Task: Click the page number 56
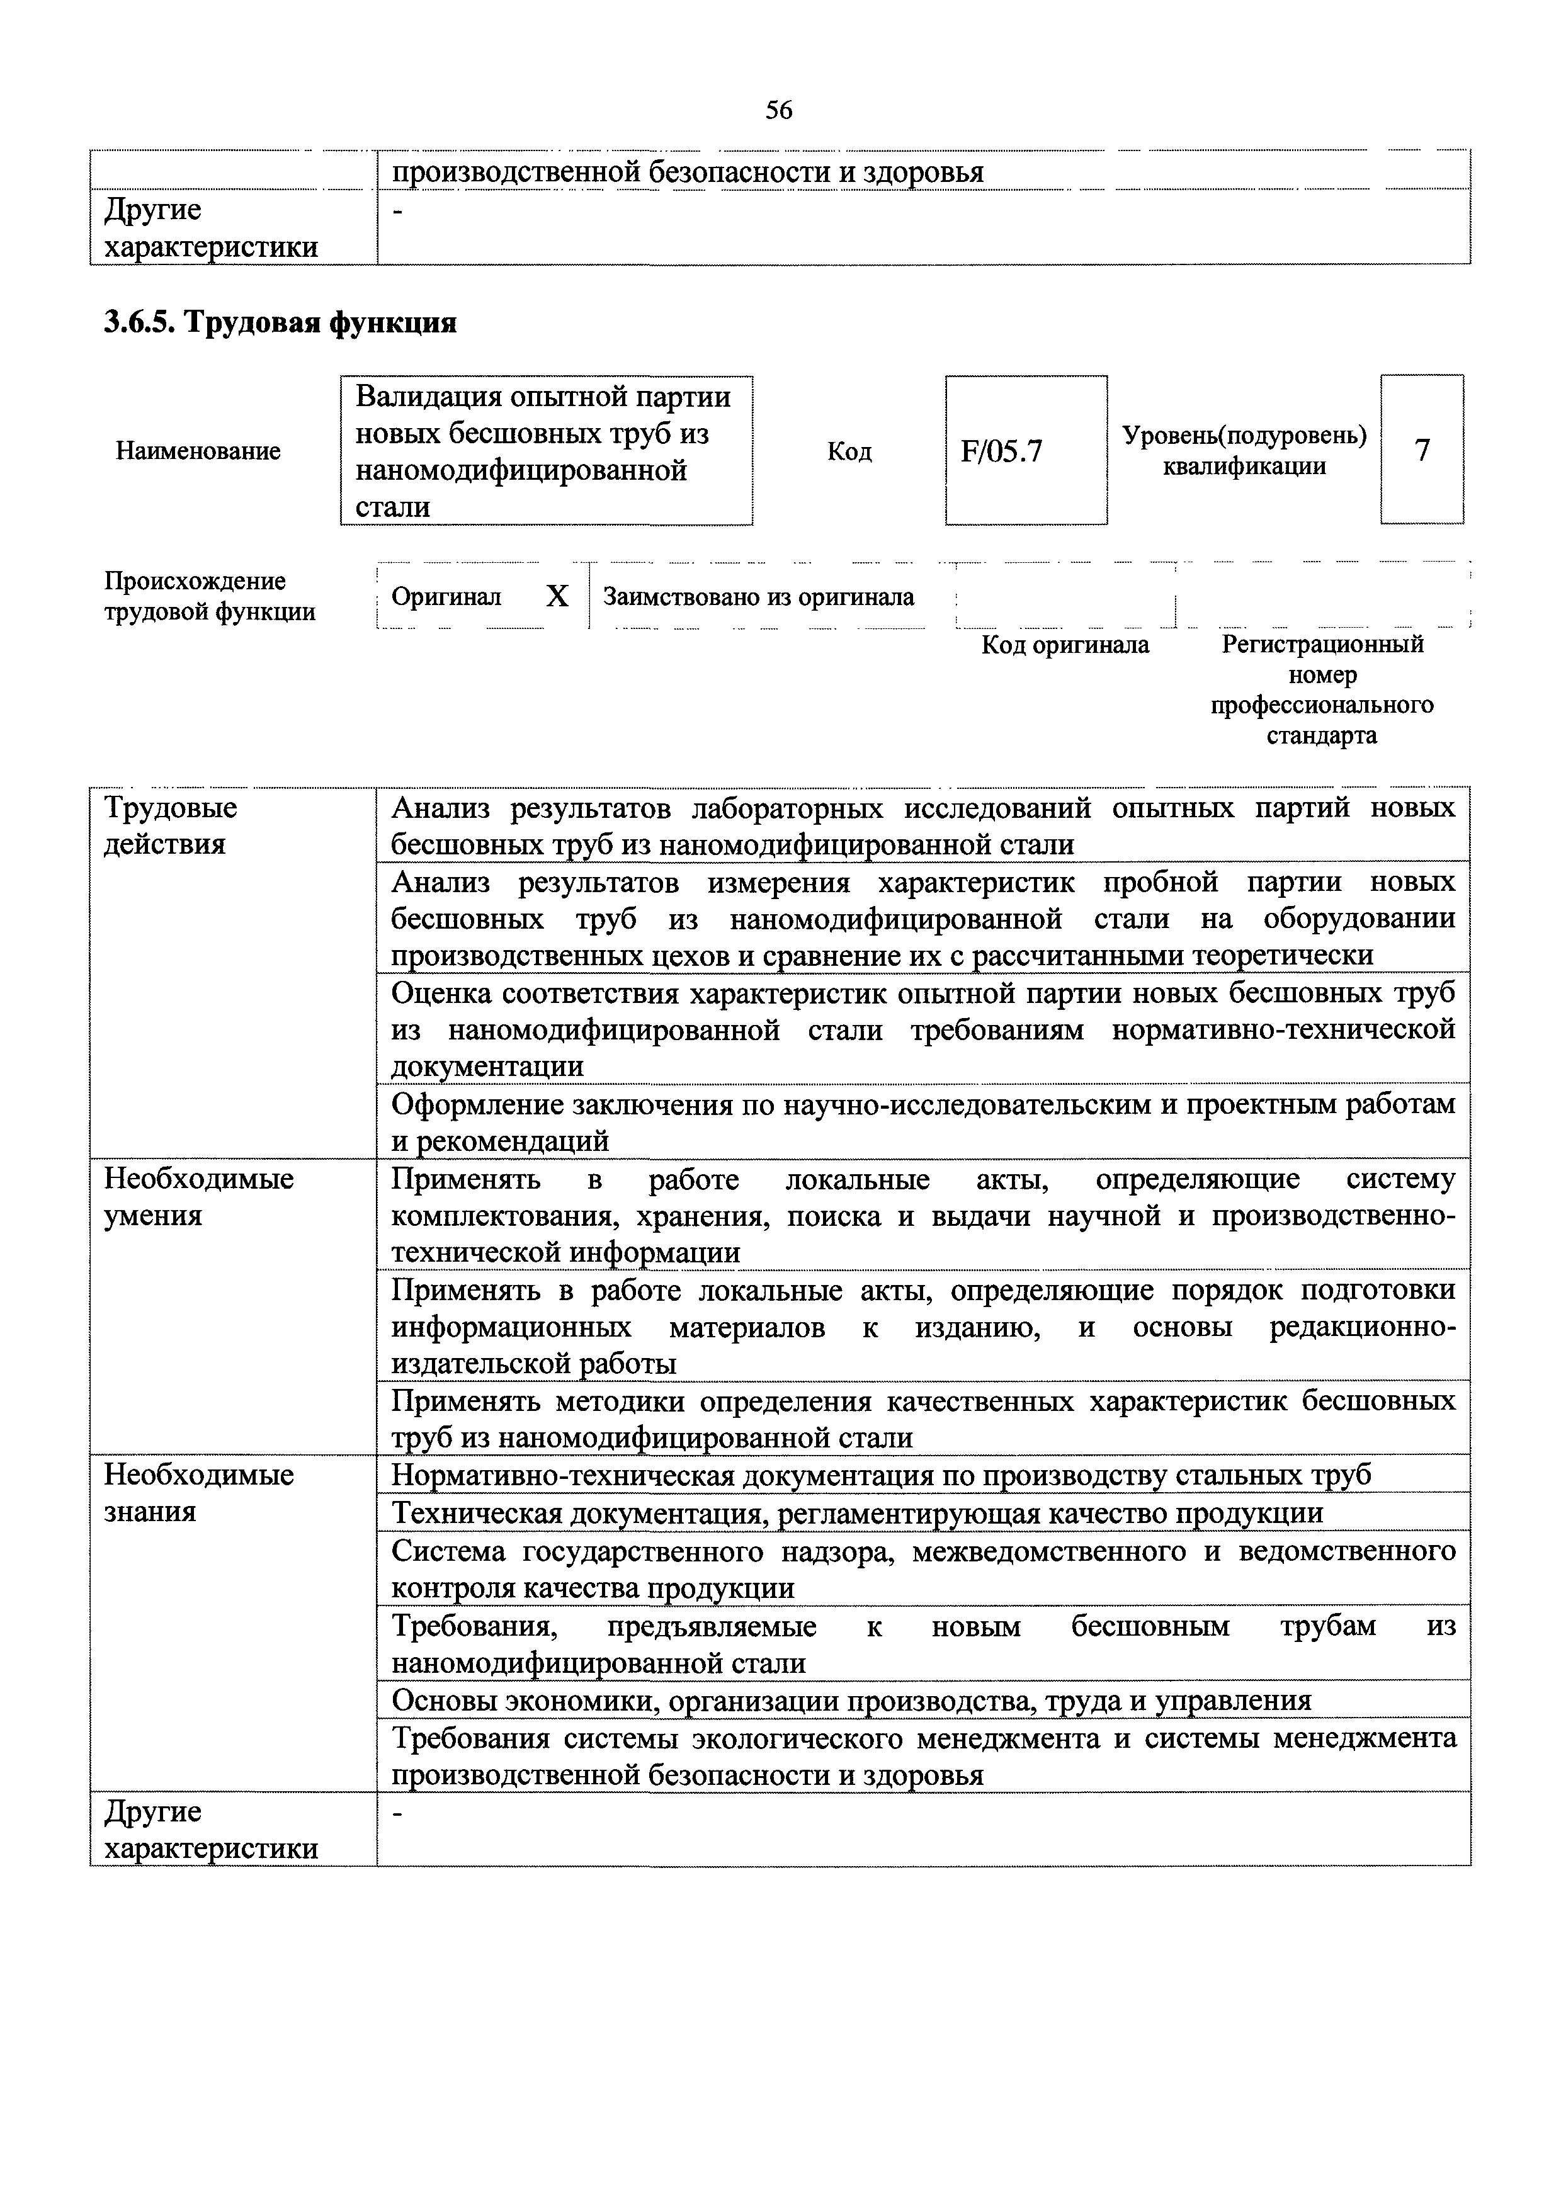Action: point(779,111)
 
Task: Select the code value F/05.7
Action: point(1001,451)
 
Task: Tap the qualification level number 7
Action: point(1422,449)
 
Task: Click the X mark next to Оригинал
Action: point(557,596)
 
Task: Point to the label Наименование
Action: point(198,451)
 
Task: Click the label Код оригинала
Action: point(1065,644)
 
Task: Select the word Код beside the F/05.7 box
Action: point(849,451)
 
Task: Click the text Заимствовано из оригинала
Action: point(758,596)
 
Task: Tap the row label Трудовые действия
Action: point(170,825)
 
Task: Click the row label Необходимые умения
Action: point(199,1196)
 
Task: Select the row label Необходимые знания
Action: point(199,1493)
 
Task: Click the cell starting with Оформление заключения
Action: point(922,1121)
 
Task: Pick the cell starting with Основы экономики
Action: point(851,1701)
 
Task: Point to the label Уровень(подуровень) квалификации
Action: point(1244,451)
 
